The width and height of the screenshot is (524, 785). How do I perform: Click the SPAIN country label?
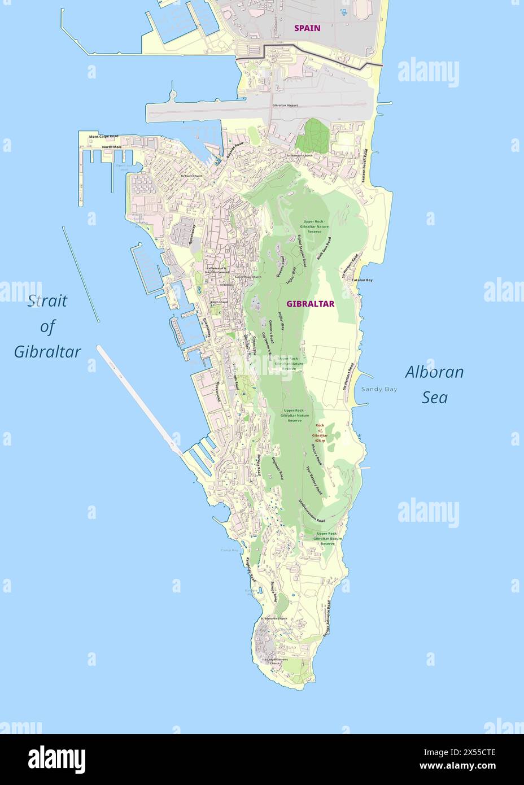point(307,28)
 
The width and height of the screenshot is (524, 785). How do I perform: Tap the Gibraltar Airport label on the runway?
point(285,106)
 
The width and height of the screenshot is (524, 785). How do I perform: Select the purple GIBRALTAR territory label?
point(310,304)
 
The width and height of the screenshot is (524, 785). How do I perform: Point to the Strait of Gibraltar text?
point(47,326)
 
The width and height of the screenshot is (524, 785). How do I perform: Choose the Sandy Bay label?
point(379,389)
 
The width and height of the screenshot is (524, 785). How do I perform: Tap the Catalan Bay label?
point(362,280)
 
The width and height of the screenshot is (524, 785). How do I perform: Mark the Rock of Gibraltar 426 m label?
point(321,433)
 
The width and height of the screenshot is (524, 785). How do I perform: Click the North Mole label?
point(111,147)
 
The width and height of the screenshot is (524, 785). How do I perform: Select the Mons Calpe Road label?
point(103,137)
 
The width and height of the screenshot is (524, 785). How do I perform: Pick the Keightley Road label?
point(250,569)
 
